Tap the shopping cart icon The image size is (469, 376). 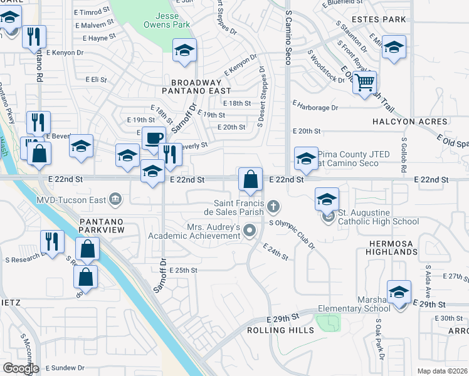pyautogui.click(x=364, y=82)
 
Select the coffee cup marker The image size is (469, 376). pyautogui.click(x=154, y=137)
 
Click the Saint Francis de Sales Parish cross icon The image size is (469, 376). pyautogui.click(x=273, y=206)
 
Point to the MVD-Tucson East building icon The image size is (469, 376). pyautogui.click(x=115, y=200)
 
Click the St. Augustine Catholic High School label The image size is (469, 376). pyautogui.click(x=379, y=221)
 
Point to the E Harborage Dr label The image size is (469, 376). pyautogui.click(x=315, y=108)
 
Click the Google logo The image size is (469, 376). pyautogui.click(x=21, y=368)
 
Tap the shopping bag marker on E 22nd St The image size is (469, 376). pyautogui.click(x=250, y=180)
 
